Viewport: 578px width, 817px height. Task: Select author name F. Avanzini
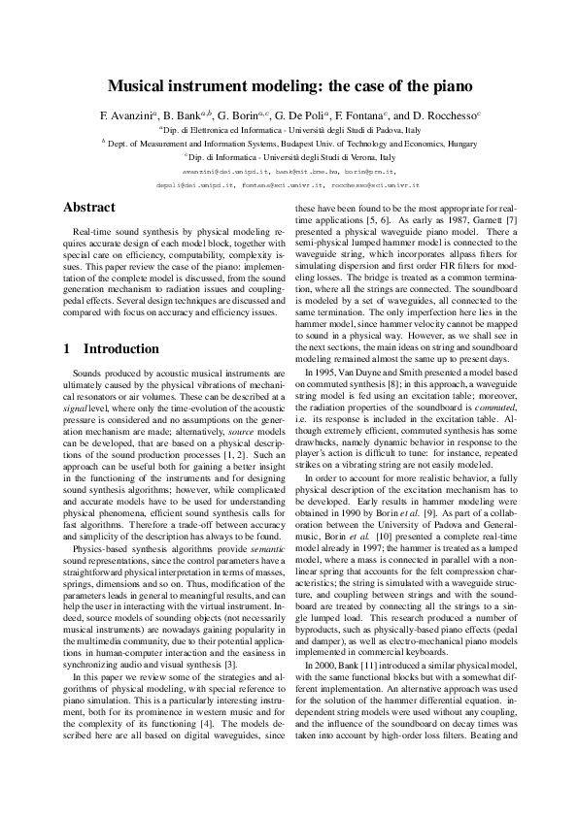coord(124,114)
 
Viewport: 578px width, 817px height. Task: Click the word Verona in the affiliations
coord(366,155)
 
